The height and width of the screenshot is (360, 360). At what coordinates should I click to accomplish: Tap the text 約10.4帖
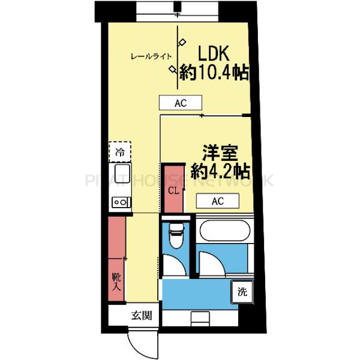[214, 74]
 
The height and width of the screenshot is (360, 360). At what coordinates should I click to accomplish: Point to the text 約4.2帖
[220, 171]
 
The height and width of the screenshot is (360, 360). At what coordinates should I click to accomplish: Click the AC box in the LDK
[181, 103]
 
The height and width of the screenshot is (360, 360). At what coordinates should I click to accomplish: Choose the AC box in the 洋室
[217, 201]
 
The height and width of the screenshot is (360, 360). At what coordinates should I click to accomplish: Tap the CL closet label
[173, 191]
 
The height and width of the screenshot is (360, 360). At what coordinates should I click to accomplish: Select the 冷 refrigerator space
[119, 151]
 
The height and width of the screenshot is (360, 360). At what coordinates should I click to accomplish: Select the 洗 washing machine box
[242, 293]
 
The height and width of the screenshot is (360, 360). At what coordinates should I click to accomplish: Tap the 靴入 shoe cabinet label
[116, 281]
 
